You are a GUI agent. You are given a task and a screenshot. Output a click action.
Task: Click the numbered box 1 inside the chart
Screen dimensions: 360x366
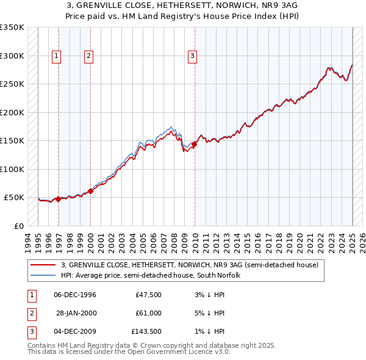(57, 56)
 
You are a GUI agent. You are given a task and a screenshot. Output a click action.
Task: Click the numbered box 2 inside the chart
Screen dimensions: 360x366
(88, 56)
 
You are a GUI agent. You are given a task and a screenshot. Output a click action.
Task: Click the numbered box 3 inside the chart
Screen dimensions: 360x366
(192, 56)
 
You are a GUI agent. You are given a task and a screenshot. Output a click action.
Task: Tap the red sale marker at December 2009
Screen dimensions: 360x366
(194, 145)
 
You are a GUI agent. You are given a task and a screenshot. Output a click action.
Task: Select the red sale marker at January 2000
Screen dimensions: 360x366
(90, 191)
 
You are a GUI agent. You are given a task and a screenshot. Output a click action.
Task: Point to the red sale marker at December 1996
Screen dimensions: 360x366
(58, 199)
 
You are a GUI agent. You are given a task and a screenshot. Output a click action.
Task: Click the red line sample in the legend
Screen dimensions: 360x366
(43, 265)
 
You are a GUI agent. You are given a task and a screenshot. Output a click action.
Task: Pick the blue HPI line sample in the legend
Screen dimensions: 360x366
(43, 276)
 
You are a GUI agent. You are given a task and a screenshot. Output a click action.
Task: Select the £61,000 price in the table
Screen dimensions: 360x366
(148, 313)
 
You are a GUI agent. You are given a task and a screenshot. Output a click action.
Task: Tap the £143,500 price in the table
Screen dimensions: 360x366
(146, 331)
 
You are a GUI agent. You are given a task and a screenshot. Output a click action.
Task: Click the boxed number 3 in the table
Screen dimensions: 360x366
(31, 331)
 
